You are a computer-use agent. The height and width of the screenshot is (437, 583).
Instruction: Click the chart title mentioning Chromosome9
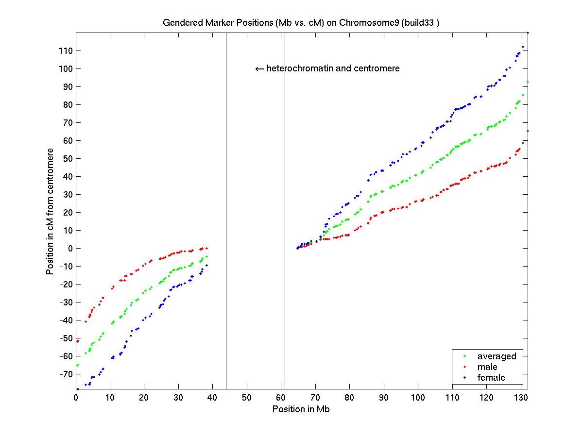pyautogui.click(x=301, y=23)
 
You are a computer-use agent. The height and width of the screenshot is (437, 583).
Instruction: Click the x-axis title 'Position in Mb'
pyautogui.click(x=301, y=409)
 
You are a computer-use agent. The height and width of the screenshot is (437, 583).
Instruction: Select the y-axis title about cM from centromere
pyautogui.click(x=50, y=211)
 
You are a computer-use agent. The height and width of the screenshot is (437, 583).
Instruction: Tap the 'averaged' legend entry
pyautogui.click(x=497, y=356)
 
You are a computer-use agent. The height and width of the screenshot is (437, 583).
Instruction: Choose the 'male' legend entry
pyautogui.click(x=487, y=367)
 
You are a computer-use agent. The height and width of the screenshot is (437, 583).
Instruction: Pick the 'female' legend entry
pyautogui.click(x=491, y=378)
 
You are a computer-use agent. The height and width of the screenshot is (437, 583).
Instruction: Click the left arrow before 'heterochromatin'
pyautogui.click(x=259, y=69)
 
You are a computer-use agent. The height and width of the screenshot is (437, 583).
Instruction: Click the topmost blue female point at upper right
pyautogui.click(x=528, y=33)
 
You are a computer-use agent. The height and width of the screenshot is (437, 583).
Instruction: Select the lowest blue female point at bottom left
pyautogui.click(x=77, y=389)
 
